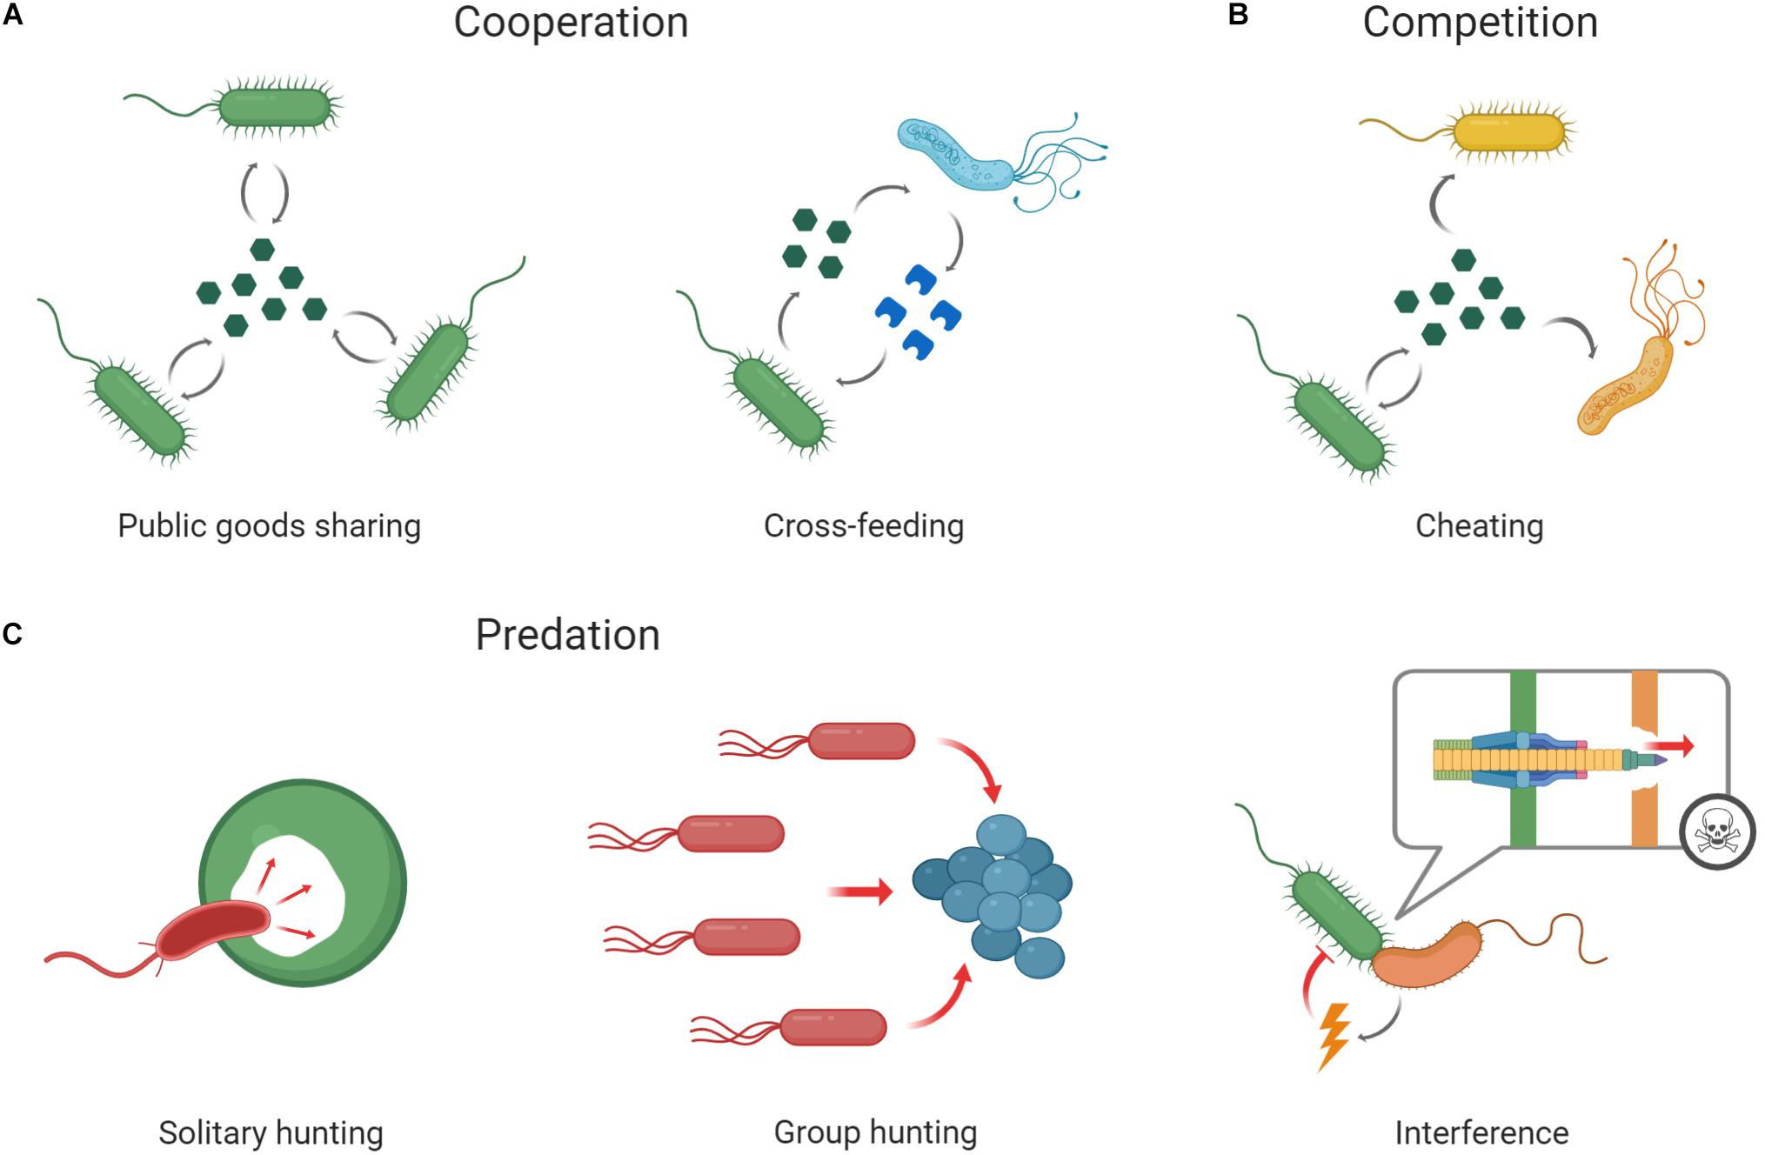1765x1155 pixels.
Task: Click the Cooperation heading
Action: (x=571, y=23)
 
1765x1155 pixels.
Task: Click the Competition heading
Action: (x=1480, y=23)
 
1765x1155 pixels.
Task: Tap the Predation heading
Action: (x=567, y=635)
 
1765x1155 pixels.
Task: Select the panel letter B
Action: (x=1237, y=16)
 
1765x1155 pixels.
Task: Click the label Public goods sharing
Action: (x=269, y=526)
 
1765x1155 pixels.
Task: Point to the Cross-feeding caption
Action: (x=863, y=526)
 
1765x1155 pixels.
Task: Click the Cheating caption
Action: (x=1479, y=526)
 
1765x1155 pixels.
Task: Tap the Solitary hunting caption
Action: (x=271, y=1132)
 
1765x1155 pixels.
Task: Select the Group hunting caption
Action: (x=875, y=1132)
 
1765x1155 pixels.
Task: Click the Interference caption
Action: (x=1481, y=1132)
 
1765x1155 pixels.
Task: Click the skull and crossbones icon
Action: (x=1716, y=832)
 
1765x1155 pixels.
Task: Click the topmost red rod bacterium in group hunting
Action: (x=861, y=741)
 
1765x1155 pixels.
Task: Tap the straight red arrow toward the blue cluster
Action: (x=861, y=891)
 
